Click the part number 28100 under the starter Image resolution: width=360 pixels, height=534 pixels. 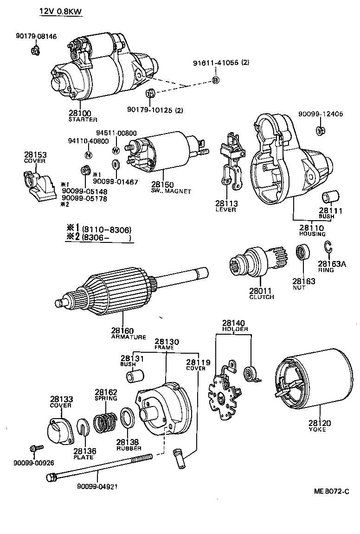tap(80, 113)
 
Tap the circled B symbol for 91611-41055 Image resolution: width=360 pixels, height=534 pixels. tap(215, 81)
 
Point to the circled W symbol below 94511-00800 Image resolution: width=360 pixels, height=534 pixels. tap(116, 150)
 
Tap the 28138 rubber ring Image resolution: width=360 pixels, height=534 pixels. tap(128, 419)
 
